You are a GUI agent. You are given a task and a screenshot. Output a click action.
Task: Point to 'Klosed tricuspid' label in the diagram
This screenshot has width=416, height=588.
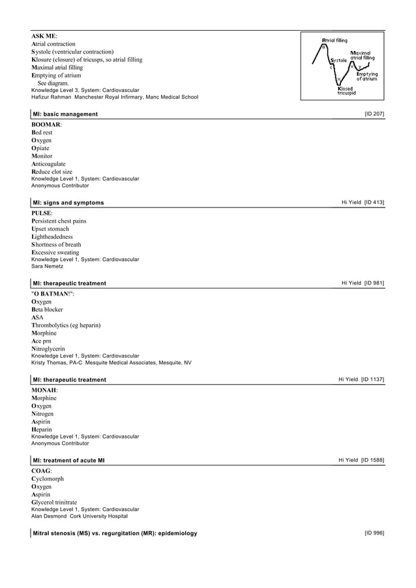coord(346,91)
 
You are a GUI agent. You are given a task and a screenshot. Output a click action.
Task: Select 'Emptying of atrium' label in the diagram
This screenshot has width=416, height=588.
coord(366,76)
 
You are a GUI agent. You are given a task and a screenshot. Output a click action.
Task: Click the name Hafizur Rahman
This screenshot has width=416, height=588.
coord(52,97)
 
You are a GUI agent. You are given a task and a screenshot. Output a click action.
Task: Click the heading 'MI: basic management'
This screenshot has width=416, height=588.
coord(65,114)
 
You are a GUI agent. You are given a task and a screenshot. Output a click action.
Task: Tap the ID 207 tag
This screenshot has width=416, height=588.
coord(374,114)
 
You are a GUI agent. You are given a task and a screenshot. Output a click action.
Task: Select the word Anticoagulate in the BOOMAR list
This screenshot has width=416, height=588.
coord(52,164)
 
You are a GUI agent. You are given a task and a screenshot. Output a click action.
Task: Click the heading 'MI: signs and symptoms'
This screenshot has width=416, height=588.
coord(68,203)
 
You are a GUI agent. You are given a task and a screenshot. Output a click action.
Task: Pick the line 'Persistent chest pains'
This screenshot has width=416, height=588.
coord(59,221)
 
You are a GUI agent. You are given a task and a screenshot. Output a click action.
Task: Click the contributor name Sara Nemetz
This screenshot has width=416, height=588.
coord(47,266)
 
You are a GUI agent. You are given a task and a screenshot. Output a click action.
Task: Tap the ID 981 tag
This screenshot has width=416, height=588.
coord(374,283)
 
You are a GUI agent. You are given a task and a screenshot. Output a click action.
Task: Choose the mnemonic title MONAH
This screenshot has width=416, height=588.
coord(44,390)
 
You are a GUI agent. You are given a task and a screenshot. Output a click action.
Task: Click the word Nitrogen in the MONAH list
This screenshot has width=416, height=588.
coord(45,413)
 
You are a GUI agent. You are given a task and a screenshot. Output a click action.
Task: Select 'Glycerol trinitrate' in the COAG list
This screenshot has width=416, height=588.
coord(54,502)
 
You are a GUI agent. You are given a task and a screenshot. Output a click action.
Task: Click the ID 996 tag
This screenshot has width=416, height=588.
coord(374,533)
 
